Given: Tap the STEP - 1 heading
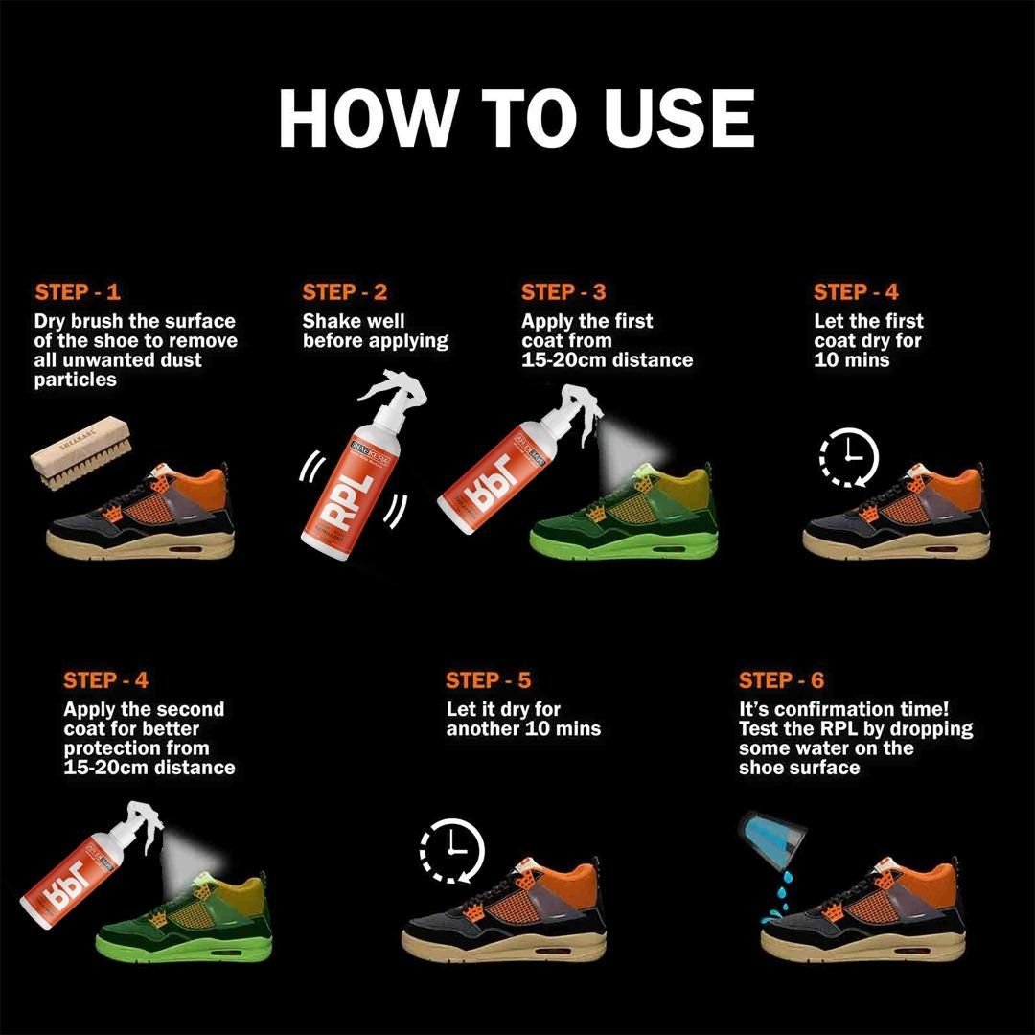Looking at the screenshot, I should [78, 293].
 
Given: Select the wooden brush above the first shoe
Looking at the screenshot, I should [80, 451].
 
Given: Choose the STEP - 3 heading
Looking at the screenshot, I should [563, 293].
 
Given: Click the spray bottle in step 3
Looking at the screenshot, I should [497, 465].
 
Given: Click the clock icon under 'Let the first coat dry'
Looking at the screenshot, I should [848, 457].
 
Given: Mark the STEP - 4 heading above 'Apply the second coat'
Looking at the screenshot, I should [106, 681].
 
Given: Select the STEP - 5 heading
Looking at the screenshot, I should [488, 681].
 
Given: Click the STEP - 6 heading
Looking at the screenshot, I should [781, 681].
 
